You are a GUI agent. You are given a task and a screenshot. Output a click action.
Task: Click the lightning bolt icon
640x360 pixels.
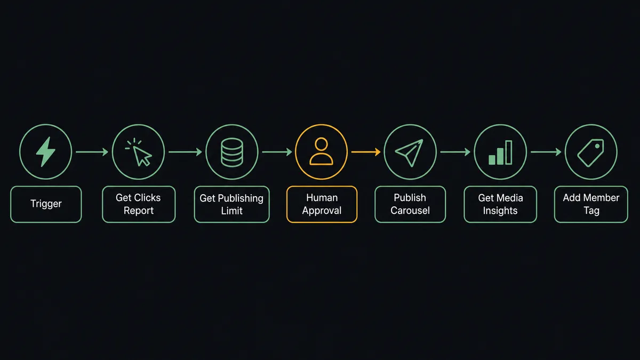point(46,151)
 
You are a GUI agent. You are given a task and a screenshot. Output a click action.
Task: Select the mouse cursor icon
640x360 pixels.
point(139,152)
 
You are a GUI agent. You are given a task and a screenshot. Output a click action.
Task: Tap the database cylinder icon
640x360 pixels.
point(232,153)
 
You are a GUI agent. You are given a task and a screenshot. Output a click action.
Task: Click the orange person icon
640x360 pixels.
point(322,151)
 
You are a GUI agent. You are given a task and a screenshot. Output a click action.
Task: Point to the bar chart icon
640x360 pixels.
point(500,153)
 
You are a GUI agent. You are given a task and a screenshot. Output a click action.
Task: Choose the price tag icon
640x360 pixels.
point(590,153)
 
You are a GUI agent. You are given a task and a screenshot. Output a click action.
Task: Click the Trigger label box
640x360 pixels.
point(46,204)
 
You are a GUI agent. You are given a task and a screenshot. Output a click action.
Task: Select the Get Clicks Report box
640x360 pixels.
point(139,204)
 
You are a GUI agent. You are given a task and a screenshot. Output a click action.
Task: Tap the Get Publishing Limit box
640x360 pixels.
point(231,204)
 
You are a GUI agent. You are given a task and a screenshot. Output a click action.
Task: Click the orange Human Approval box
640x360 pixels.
point(322,204)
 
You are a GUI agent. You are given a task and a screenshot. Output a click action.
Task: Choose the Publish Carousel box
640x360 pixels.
point(410,204)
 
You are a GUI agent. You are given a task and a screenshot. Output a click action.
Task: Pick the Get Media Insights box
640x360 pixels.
point(500,204)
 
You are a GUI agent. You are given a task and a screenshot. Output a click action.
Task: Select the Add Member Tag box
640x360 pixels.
point(591,204)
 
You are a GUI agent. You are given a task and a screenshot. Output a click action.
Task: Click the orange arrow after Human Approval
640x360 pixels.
point(366,152)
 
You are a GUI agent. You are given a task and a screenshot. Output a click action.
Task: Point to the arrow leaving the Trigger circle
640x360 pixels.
point(92,152)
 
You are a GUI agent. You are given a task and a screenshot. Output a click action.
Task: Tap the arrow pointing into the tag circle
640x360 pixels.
point(546,152)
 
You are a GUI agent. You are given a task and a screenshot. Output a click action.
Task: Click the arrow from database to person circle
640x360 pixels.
point(277,152)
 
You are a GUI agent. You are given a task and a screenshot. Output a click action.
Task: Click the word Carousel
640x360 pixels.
point(410,211)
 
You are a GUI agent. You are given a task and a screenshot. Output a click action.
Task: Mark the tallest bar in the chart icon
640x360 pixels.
point(509,153)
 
